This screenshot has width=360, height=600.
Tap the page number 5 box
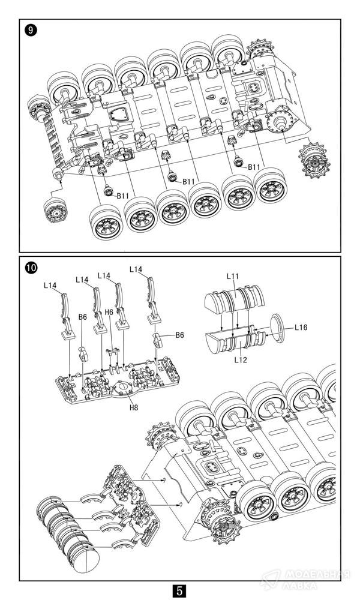point(179,590)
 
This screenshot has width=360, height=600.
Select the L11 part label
point(233,275)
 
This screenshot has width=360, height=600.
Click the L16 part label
point(301,328)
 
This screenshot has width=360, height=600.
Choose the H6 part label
point(109,312)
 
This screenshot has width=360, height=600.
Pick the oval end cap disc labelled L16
point(274,329)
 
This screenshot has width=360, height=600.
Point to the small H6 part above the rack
point(110,349)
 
